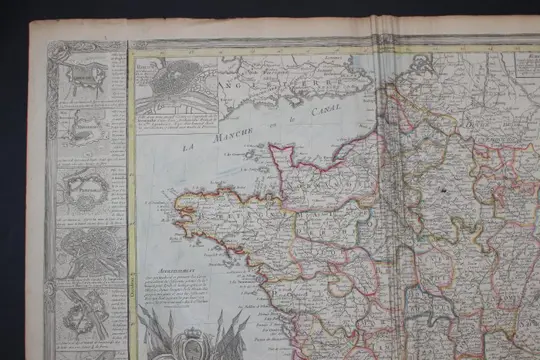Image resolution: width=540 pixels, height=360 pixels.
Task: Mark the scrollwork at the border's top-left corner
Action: (x=58, y=50)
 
